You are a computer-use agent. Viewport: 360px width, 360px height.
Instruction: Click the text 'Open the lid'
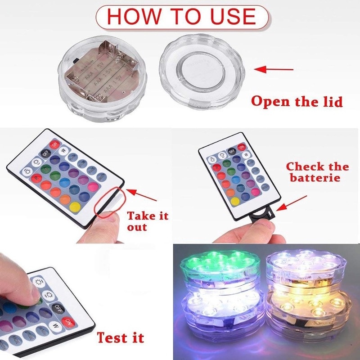click(x=297, y=101)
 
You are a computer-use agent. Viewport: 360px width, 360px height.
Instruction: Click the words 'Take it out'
click(x=147, y=220)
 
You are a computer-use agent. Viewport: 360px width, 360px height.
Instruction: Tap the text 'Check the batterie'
click(x=317, y=172)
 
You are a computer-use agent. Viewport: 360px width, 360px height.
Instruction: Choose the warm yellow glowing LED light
click(x=306, y=310)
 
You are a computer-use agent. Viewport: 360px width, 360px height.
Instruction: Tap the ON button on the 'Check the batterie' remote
click(x=242, y=147)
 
